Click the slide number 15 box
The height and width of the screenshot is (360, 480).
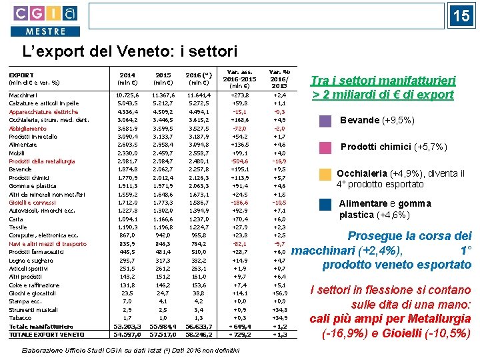click(x=461, y=17)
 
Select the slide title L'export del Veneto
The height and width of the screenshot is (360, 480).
click(x=130, y=51)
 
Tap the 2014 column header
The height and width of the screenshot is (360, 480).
click(x=127, y=79)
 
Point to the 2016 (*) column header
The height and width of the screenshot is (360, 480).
click(x=199, y=79)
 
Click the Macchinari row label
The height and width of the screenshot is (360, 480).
click(x=23, y=95)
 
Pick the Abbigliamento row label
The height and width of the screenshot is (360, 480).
click(x=28, y=128)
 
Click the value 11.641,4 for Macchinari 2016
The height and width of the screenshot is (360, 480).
click(x=198, y=95)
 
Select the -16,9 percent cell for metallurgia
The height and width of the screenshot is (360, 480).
click(x=279, y=161)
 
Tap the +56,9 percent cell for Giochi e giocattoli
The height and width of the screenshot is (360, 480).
click(x=279, y=293)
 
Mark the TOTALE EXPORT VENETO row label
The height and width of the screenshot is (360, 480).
click(x=44, y=334)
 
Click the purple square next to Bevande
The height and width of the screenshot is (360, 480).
click(x=325, y=121)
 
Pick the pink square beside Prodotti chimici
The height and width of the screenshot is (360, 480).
click(x=325, y=147)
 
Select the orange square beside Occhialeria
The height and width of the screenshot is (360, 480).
click(x=325, y=175)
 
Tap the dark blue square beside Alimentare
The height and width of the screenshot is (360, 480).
click(x=325, y=205)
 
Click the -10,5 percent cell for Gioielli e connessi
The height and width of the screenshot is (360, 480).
click(x=279, y=202)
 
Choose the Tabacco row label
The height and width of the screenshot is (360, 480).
click(x=19, y=317)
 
